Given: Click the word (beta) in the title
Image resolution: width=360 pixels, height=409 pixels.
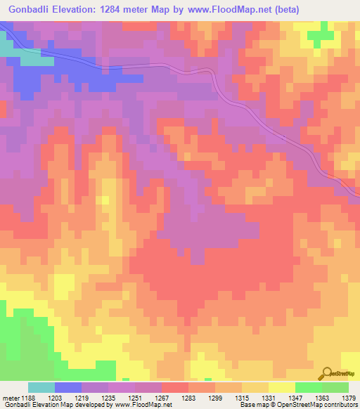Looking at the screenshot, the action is click(x=297, y=10).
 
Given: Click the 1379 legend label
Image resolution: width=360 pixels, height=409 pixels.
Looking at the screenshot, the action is click(x=349, y=397).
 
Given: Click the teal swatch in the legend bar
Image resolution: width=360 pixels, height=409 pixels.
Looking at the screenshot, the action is click(x=41, y=387).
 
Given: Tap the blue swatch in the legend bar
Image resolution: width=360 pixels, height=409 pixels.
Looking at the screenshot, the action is click(x=68, y=387).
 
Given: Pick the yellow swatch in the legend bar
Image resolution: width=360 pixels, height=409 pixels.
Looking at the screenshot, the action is click(x=281, y=387).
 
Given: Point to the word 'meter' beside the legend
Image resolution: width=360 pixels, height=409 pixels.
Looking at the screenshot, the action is click(x=11, y=397).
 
